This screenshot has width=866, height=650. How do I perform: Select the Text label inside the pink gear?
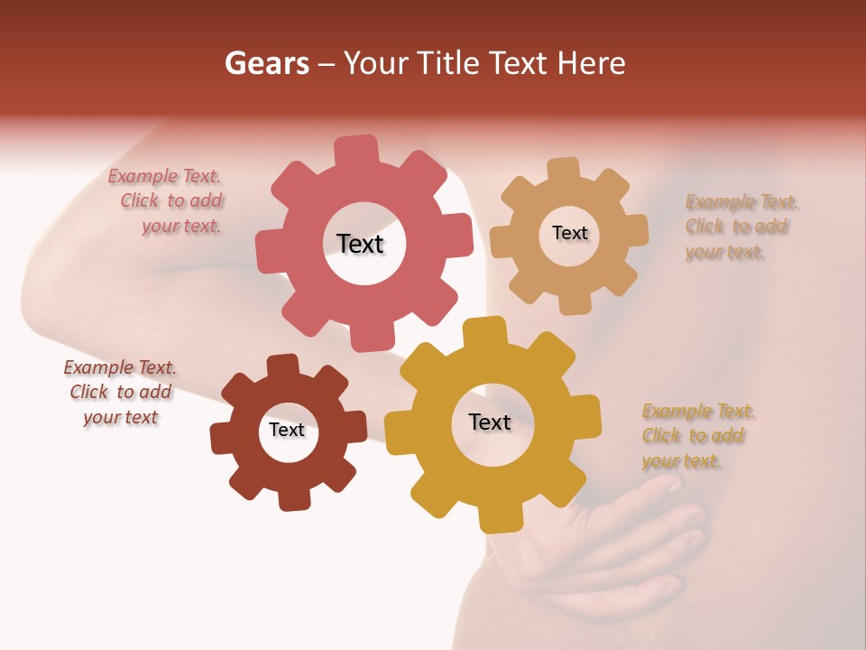tap(360, 244)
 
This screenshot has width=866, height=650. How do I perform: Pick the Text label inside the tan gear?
tap(569, 233)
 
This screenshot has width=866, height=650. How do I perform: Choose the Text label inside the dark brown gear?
tap(287, 430)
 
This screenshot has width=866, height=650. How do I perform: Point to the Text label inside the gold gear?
tap(490, 422)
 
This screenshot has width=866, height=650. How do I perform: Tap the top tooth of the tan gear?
tap(564, 169)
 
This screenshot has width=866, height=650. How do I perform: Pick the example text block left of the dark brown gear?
tap(120, 392)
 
